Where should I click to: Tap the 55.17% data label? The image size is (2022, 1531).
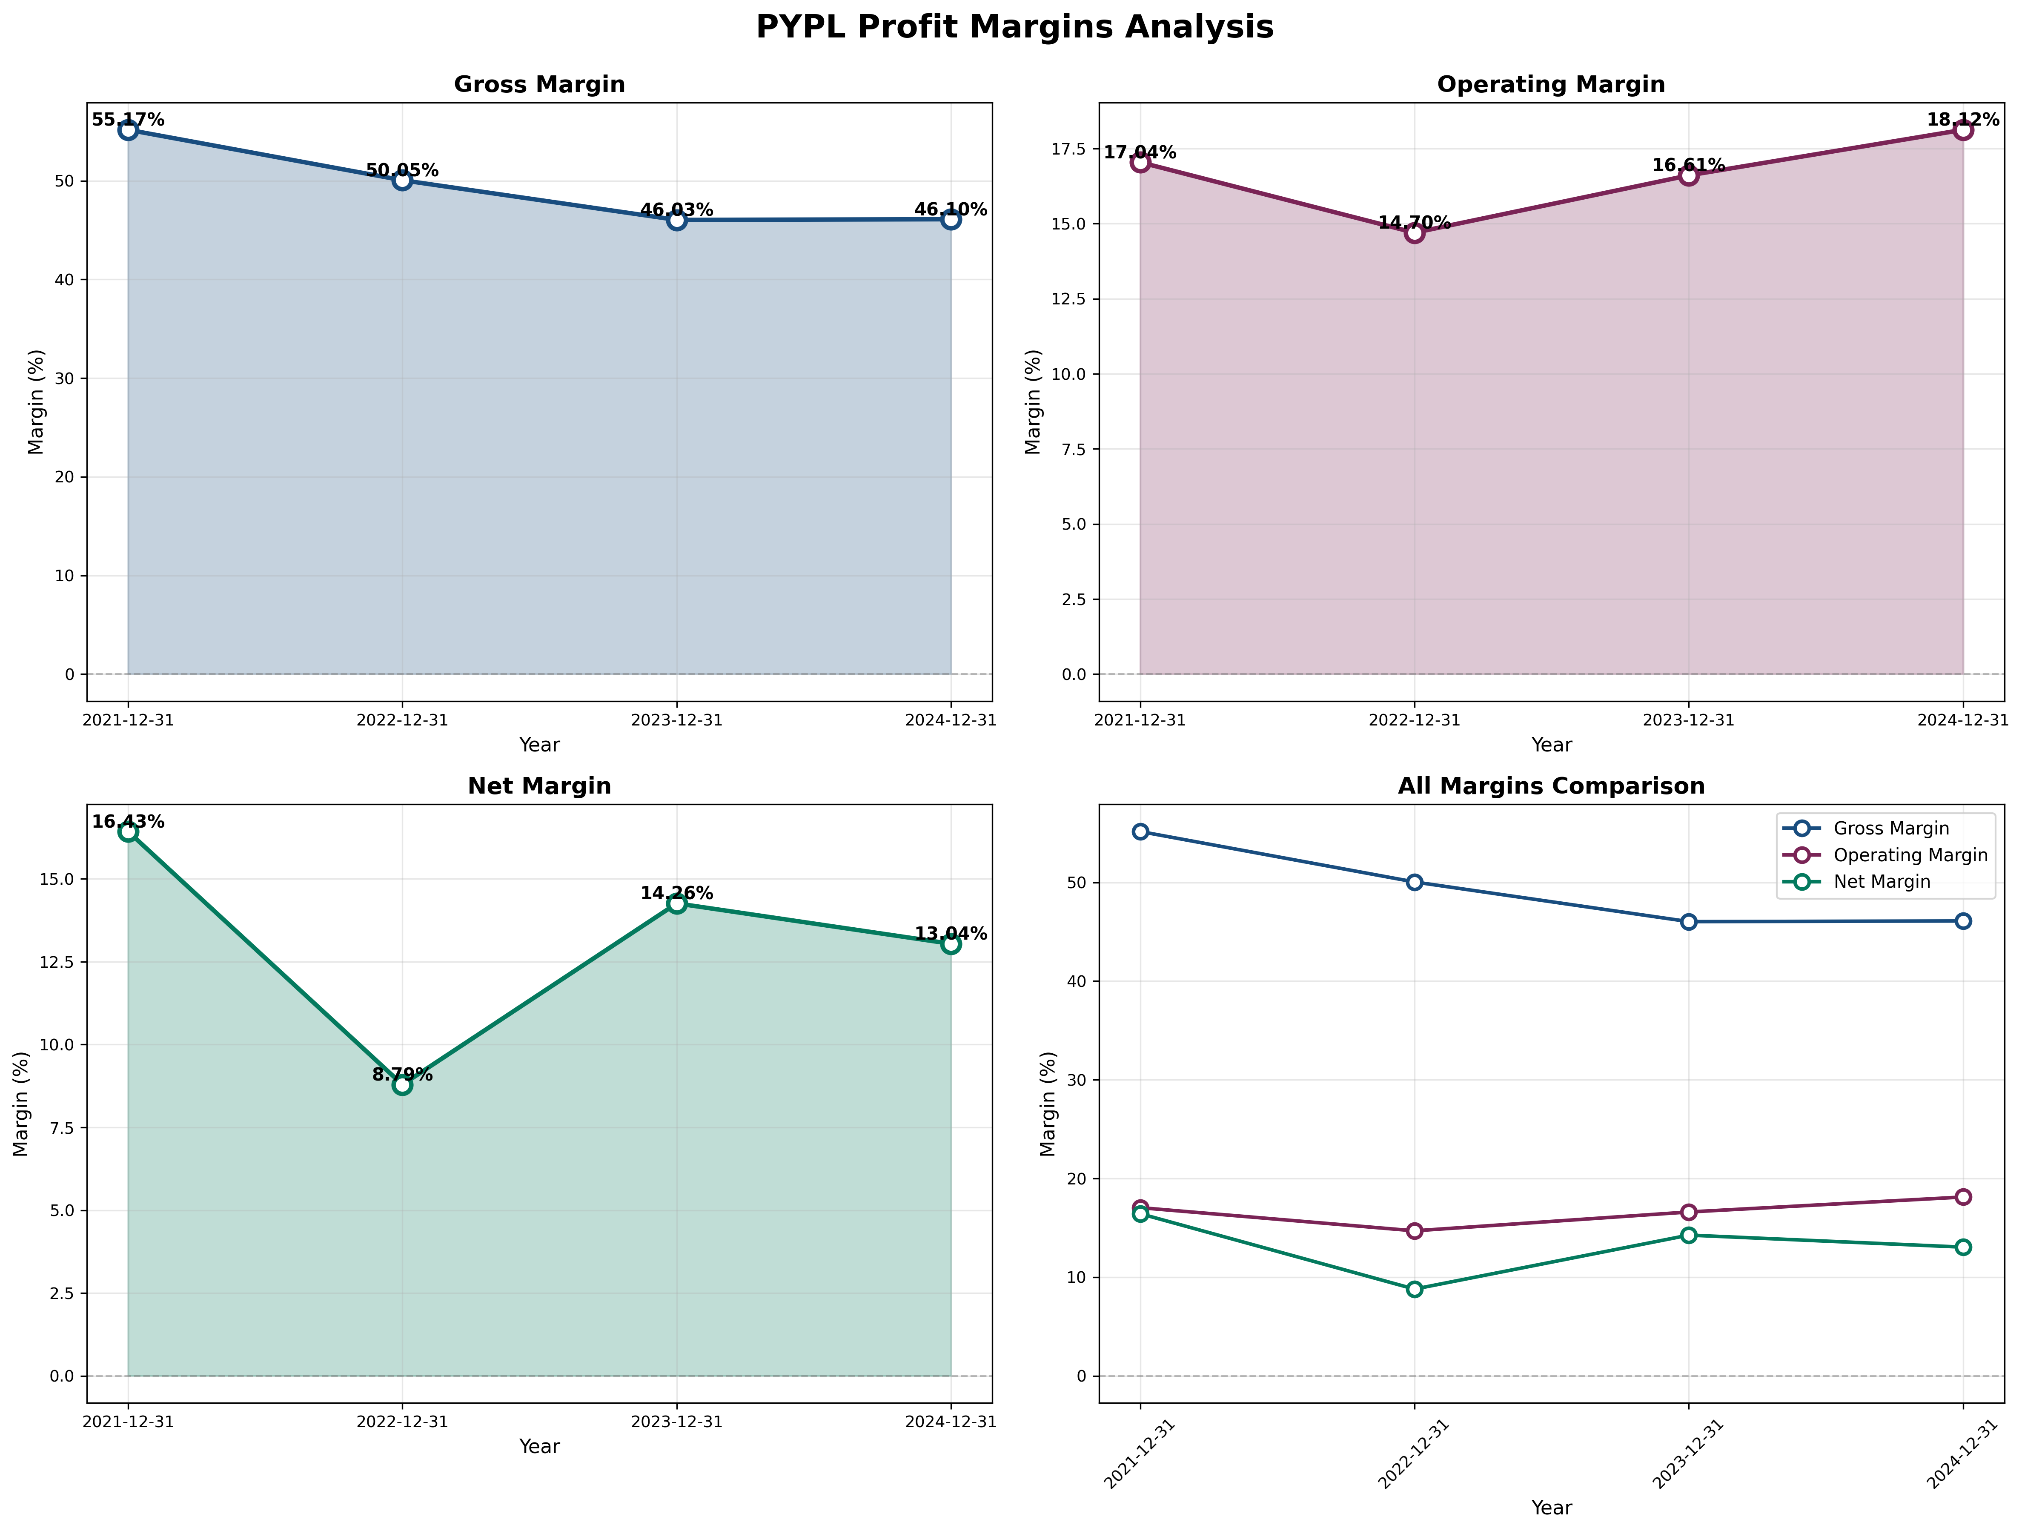coord(128,120)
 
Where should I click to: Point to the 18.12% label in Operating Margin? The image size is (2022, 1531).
coord(1962,120)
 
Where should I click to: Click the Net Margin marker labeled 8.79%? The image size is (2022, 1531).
coord(402,1085)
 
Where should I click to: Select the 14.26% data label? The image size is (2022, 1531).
coord(676,894)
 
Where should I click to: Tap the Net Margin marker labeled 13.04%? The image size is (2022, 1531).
coord(951,944)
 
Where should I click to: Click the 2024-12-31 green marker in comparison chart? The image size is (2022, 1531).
coord(1962,1247)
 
